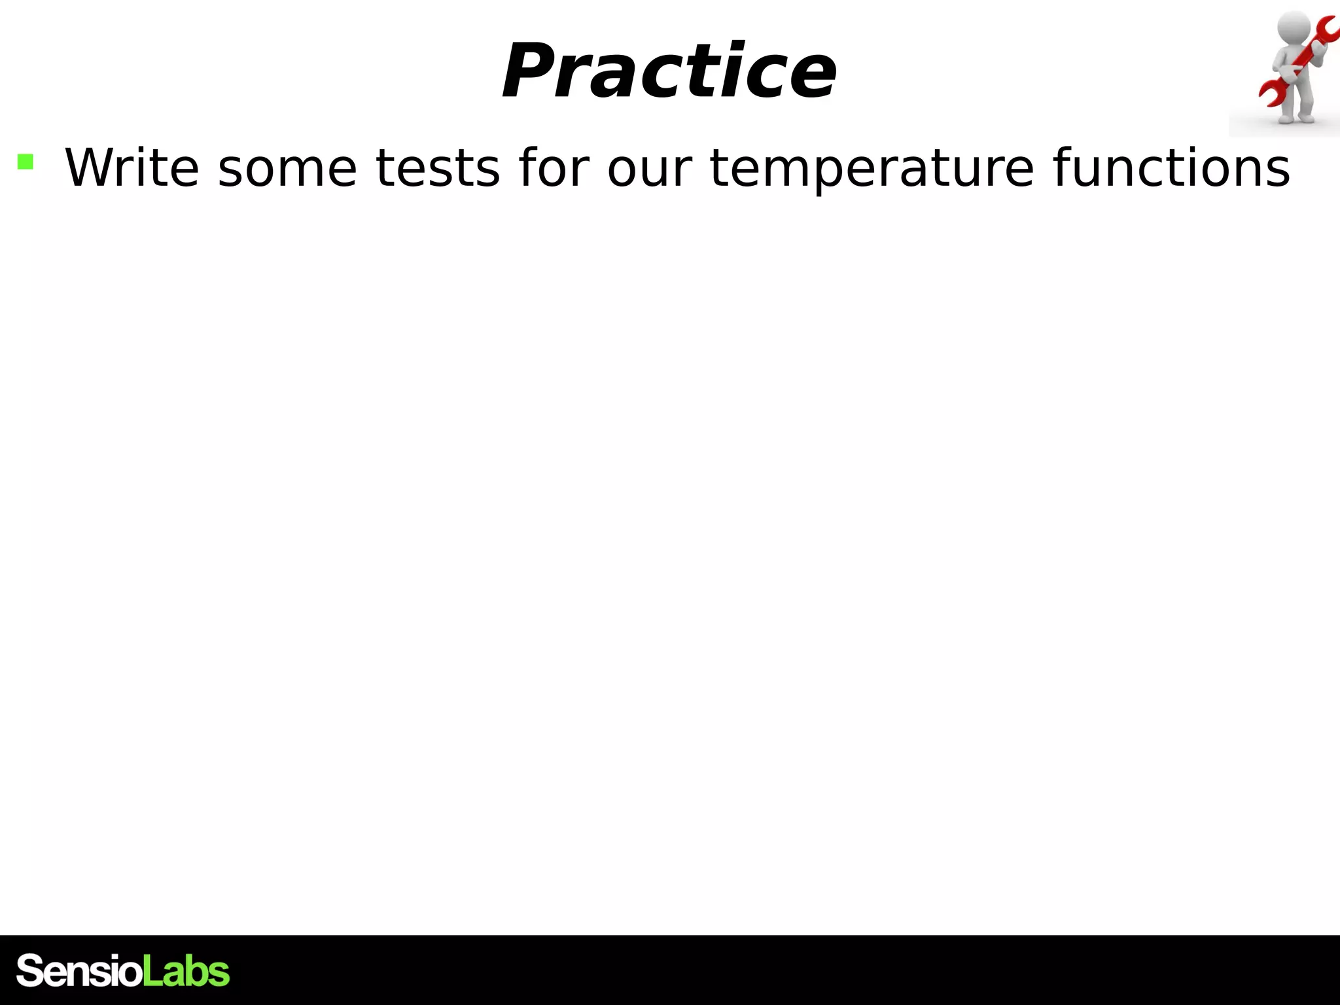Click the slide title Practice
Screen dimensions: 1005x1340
coord(669,71)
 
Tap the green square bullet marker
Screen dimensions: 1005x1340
coord(26,162)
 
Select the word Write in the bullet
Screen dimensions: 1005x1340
coord(132,168)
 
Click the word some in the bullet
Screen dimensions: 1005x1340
coord(287,168)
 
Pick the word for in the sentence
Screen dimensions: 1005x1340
coord(554,168)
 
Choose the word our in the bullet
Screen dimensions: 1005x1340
coord(649,168)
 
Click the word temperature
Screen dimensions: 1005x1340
coord(873,168)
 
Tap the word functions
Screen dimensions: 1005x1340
coord(1171,168)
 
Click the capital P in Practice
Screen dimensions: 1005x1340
coord(529,71)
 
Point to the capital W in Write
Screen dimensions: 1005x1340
coord(92,168)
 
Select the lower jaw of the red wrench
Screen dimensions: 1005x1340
coord(1269,95)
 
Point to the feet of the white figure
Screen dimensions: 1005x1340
coord(1296,119)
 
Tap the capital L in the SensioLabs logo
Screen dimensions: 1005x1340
coord(151,971)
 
